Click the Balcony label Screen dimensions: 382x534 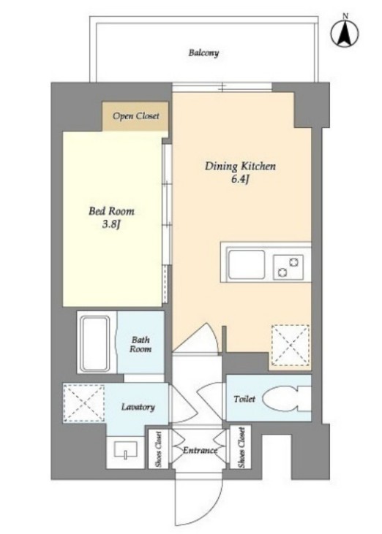(203, 53)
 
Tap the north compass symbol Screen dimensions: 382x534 (345, 33)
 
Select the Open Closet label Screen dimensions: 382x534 (135, 116)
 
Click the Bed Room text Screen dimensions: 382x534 (111, 211)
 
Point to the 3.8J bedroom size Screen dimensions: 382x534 (111, 225)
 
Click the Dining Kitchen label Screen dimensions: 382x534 (240, 167)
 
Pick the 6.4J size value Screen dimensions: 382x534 (240, 180)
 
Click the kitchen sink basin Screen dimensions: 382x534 (247, 264)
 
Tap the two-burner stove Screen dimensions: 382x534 (288, 267)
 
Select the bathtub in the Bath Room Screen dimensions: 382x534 (94, 343)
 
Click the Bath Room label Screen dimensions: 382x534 (141, 344)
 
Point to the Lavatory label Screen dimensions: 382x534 (138, 407)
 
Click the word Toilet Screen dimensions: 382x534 (244, 399)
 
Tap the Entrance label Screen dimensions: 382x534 (201, 451)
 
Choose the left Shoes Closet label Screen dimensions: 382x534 (158, 449)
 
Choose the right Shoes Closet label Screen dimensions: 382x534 (241, 447)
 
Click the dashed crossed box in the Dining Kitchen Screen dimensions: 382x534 (291, 346)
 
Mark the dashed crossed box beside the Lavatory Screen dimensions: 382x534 (84, 403)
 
